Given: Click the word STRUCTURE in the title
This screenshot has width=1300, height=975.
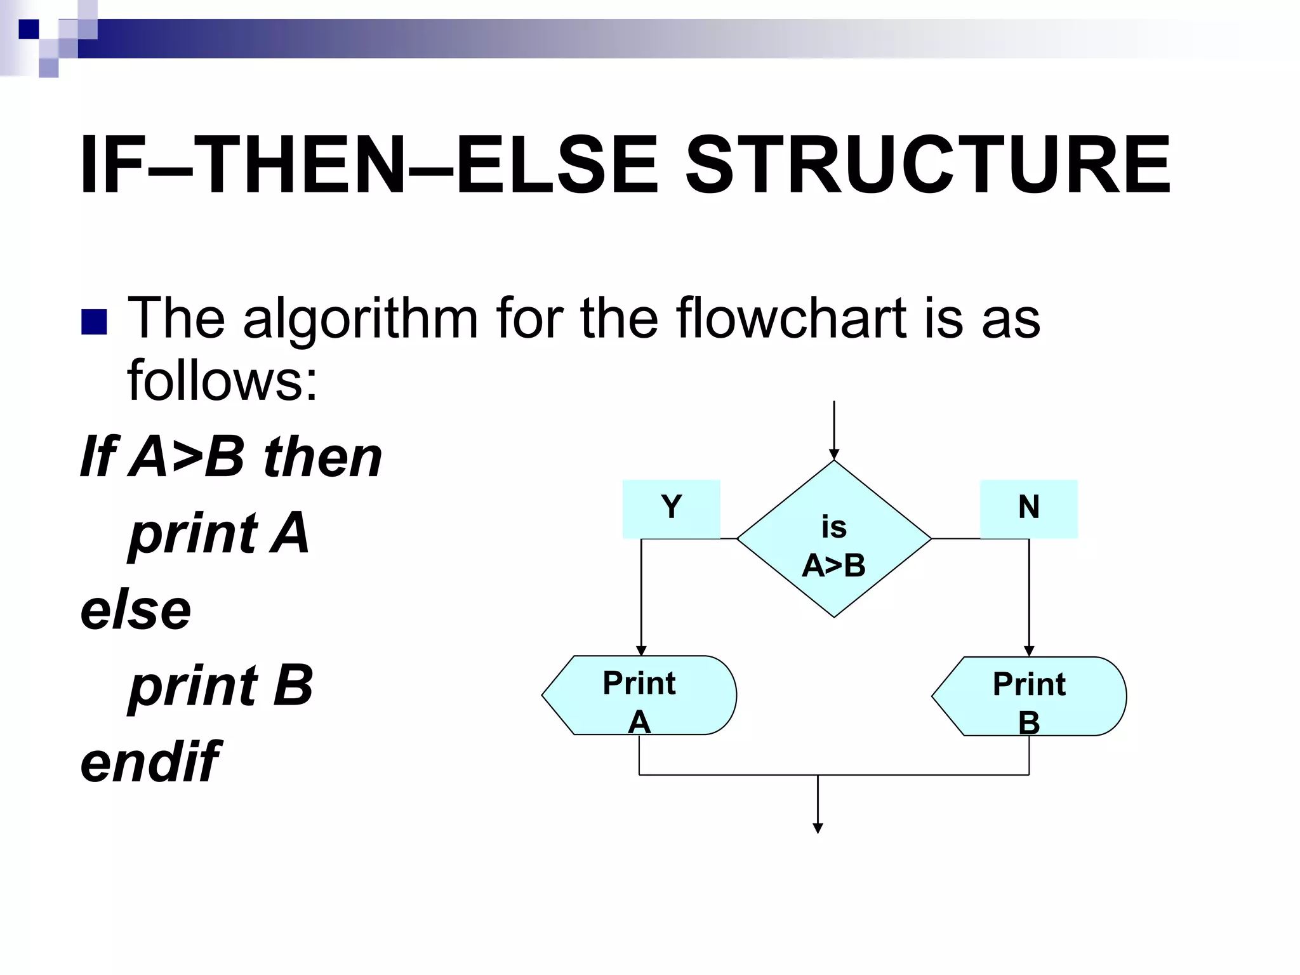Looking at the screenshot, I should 927,166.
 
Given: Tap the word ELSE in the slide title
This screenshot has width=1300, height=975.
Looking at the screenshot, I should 557,166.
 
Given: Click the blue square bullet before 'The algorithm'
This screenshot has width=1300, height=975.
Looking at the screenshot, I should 94,322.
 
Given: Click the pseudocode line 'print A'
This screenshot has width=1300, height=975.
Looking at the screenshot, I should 219,533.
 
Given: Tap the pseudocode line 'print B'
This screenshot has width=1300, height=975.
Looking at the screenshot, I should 221,686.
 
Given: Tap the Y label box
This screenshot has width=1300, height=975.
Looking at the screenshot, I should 671,508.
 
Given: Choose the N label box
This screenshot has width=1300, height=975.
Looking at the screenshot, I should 1028,508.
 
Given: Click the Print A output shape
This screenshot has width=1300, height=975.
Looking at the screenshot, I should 639,695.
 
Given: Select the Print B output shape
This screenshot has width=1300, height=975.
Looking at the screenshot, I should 1029,696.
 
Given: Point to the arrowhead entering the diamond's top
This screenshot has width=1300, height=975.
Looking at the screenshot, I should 834,454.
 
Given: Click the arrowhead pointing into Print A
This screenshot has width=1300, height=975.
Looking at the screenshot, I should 641,651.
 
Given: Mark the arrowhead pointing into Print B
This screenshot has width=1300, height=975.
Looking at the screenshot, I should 1029,651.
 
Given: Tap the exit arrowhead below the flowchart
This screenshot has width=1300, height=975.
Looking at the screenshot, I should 818,828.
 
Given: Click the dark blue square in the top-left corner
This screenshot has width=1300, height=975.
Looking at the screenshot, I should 29,29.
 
